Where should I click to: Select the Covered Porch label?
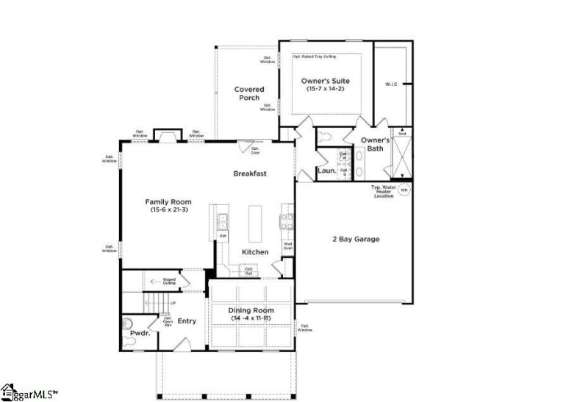(x=249, y=94)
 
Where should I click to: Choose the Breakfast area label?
(x=250, y=173)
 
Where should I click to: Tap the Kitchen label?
(x=255, y=252)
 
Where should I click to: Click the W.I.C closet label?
(x=391, y=84)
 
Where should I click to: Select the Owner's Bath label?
(x=375, y=144)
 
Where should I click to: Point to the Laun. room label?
(x=326, y=171)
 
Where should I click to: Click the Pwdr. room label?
(x=140, y=333)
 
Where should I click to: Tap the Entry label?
(x=187, y=320)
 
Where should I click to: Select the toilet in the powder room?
(x=129, y=322)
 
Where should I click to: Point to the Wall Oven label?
(x=288, y=246)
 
